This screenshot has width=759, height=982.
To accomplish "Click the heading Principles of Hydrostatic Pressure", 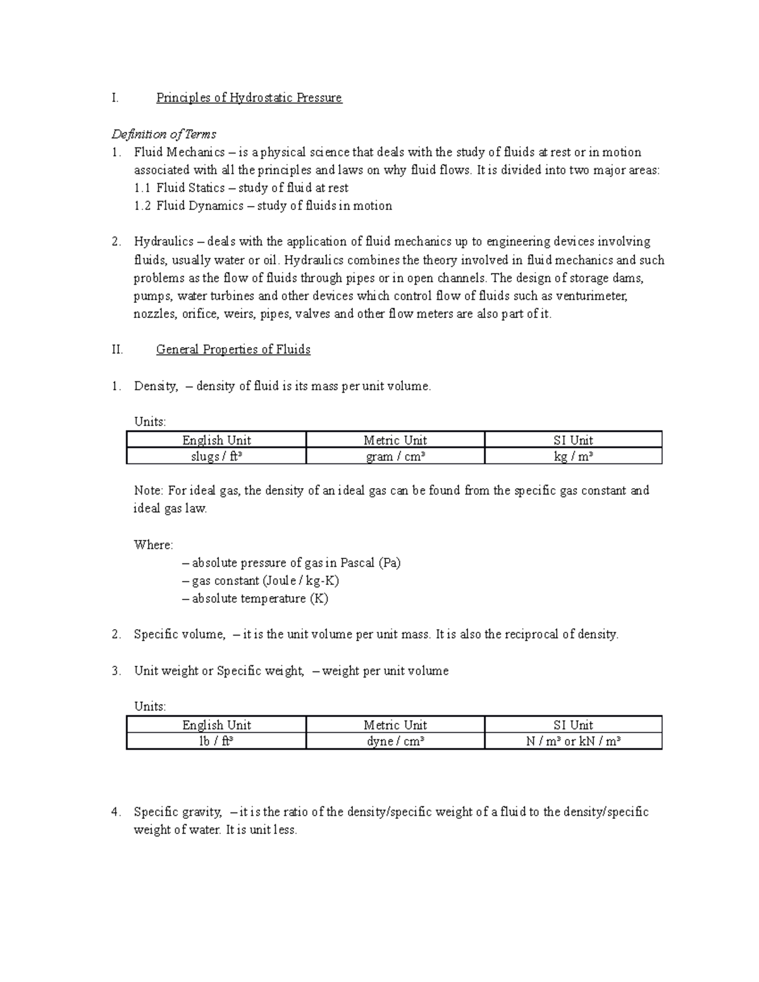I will (x=249, y=97).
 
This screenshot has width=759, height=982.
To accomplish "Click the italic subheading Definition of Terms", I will (x=164, y=134).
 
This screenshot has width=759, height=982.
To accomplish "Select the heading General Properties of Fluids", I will (x=233, y=349).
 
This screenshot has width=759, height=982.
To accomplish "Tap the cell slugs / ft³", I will (x=216, y=457).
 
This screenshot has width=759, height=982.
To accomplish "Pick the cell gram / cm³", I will (x=395, y=457).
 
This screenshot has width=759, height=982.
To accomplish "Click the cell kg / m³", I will (x=573, y=457).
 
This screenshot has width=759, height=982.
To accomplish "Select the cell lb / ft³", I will (x=216, y=742).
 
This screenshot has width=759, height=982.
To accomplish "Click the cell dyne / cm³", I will (x=395, y=742).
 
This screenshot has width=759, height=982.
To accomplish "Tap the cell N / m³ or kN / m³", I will (x=573, y=742).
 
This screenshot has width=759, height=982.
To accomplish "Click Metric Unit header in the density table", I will (x=395, y=440).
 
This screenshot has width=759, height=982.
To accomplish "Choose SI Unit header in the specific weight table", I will (x=573, y=725).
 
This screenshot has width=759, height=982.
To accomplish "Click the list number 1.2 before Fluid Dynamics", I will (x=143, y=206).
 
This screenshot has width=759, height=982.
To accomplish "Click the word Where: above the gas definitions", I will (x=153, y=544).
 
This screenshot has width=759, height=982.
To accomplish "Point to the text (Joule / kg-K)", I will (x=301, y=580).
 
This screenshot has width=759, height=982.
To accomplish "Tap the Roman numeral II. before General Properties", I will (x=117, y=349).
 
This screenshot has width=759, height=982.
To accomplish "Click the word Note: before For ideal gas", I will (x=149, y=491).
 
